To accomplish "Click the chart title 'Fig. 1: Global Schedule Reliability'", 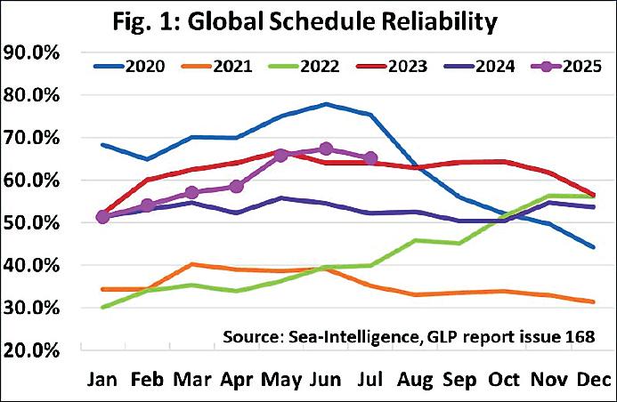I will [x=308, y=20].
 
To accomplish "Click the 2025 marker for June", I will [x=326, y=149].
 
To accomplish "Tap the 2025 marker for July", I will [x=370, y=158].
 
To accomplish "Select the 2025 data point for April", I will [x=236, y=186].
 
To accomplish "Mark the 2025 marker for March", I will [x=191, y=192].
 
